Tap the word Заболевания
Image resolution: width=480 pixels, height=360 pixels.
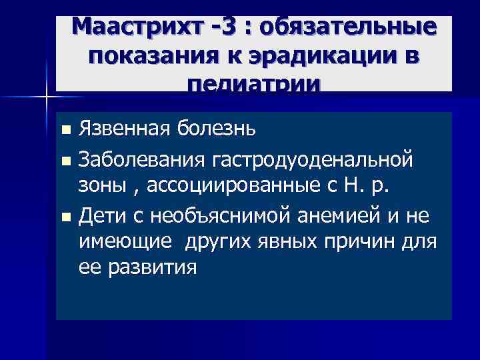(x=141, y=160)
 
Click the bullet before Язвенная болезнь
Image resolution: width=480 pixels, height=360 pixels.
(x=64, y=128)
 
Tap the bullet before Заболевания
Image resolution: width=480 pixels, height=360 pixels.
(x=64, y=161)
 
